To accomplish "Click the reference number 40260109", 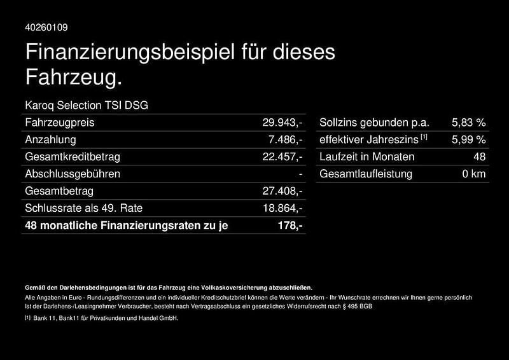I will [x=46, y=27].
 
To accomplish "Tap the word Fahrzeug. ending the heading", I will [x=73, y=78].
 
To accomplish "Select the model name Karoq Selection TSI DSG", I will [x=86, y=105].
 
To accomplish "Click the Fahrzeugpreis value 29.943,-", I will [x=282, y=122].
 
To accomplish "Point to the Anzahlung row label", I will [x=50, y=139].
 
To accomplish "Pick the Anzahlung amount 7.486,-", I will [x=286, y=139].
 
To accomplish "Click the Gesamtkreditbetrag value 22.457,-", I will [x=282, y=156].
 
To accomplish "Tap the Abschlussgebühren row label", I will [x=72, y=174].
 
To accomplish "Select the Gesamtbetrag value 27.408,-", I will [x=282, y=191].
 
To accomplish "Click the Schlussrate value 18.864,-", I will [x=282, y=208].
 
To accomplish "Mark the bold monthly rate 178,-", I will [x=290, y=225].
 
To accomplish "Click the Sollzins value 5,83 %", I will [x=468, y=122].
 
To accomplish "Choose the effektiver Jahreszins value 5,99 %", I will [x=468, y=139].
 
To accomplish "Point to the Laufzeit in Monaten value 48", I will [x=480, y=156].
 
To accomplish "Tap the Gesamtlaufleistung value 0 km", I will [x=474, y=174].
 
